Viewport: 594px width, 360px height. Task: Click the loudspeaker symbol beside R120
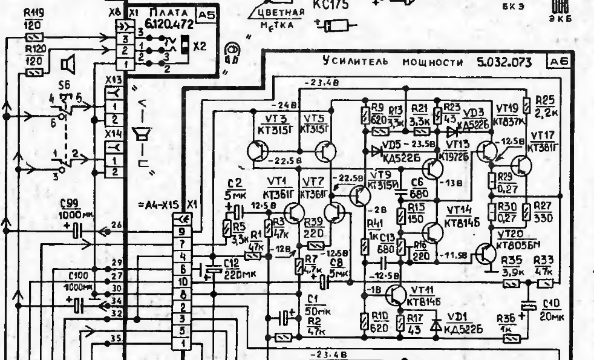(69, 62)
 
